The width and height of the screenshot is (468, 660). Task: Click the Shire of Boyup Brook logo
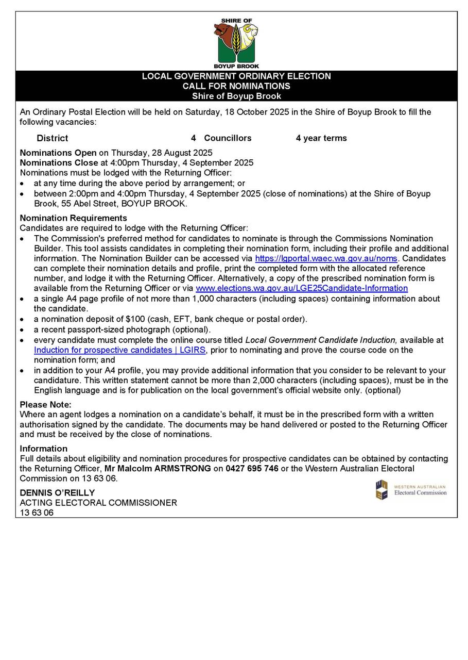coord(236,44)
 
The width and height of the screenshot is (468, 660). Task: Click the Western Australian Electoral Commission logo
coord(411,490)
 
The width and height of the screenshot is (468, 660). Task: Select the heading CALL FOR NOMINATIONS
coord(236,86)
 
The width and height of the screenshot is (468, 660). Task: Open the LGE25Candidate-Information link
coord(302,288)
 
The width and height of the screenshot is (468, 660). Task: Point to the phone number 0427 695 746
coord(252,468)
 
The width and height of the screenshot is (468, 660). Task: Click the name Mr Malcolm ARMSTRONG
coord(158,468)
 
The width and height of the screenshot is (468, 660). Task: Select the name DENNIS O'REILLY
coord(57,492)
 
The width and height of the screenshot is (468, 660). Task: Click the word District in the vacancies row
coord(52,138)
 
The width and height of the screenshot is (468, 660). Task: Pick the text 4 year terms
coord(321,138)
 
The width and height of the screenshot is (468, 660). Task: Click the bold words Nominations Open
coord(58,153)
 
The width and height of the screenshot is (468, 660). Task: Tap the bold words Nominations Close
coord(59,163)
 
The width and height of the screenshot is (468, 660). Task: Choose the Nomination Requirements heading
coord(73,218)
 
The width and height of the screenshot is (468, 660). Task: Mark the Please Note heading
coord(45,405)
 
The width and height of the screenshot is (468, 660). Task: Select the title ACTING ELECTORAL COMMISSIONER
coord(98,503)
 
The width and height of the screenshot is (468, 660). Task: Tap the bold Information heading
coord(44,449)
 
